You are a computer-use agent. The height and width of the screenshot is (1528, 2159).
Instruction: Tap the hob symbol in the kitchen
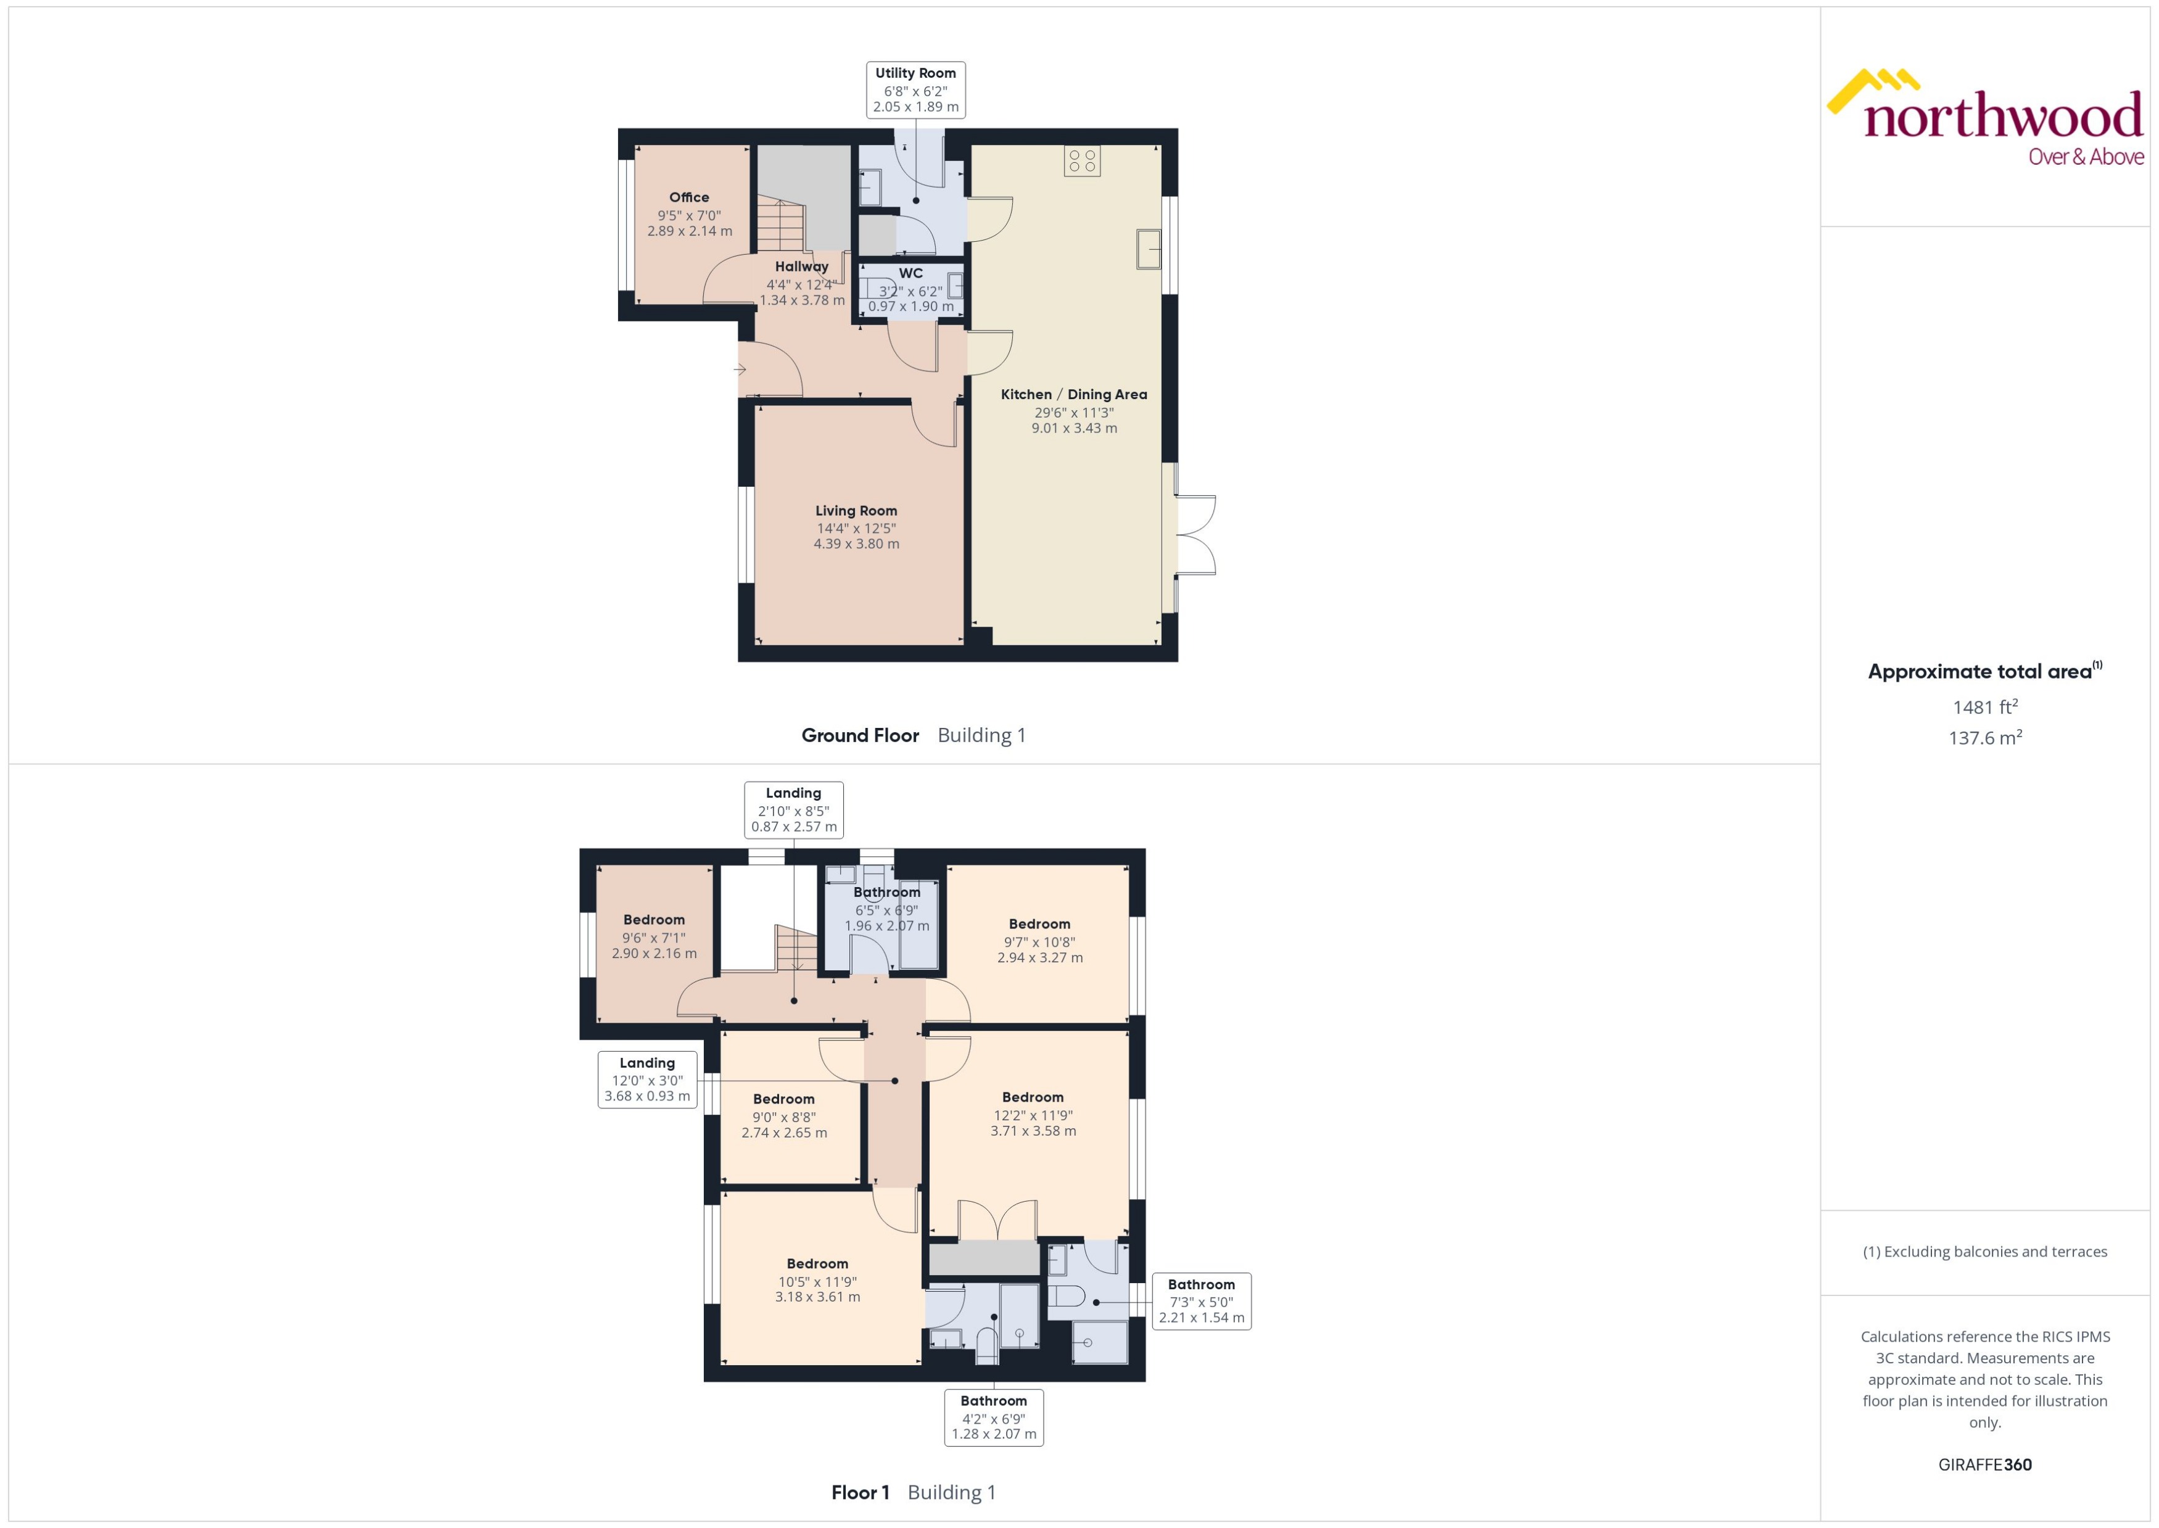coord(1082,161)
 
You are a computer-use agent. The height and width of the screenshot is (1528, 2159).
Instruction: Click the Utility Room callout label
coord(915,90)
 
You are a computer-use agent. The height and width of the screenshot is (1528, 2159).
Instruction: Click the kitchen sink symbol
coord(1148,249)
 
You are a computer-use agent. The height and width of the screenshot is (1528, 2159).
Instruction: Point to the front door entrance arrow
coord(740,370)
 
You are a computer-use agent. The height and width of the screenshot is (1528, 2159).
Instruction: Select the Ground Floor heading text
coord(860,736)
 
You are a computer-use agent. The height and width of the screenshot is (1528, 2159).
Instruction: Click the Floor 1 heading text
coord(860,1492)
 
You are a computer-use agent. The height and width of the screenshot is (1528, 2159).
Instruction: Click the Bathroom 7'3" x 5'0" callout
coord(1201,1301)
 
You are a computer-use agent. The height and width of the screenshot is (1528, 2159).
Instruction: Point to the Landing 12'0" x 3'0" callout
coord(647,1079)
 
